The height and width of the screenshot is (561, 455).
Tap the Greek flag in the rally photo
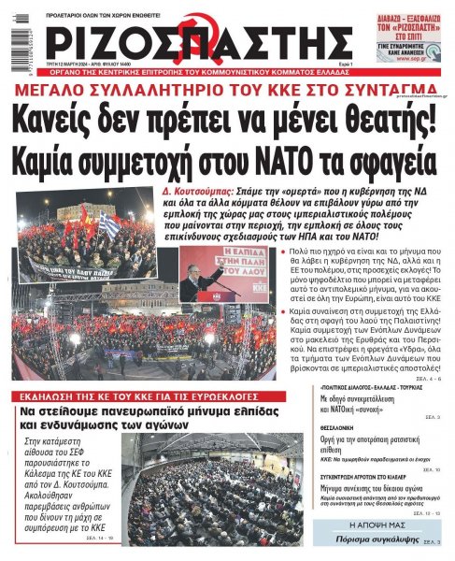click(x=109, y=227)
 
